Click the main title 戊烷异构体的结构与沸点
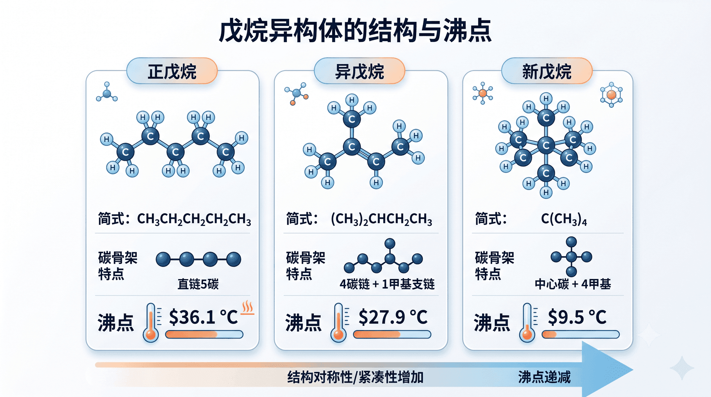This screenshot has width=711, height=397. (355, 31)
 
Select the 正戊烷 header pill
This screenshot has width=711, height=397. (172, 71)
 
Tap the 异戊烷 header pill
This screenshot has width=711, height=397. (360, 71)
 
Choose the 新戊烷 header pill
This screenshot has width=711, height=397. (547, 71)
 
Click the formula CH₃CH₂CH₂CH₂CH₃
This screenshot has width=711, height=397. (194, 219)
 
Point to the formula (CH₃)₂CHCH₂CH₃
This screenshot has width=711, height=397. (381, 219)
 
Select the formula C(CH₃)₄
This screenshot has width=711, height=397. (564, 219)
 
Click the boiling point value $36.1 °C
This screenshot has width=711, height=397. (203, 317)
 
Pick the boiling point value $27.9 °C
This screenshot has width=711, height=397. (393, 317)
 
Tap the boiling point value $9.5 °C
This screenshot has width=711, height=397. (577, 317)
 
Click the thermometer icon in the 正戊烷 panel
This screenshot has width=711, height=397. (151, 323)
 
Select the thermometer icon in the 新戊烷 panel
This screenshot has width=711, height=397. (527, 323)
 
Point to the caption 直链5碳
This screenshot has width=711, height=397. (198, 284)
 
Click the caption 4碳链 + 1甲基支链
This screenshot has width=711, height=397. (387, 284)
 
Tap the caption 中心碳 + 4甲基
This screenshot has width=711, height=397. (573, 284)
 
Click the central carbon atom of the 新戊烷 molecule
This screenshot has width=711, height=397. (546, 145)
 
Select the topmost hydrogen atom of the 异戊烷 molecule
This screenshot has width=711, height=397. (352, 100)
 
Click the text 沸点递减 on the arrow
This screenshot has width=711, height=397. (544, 377)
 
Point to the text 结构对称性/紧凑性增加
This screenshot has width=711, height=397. (355, 377)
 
